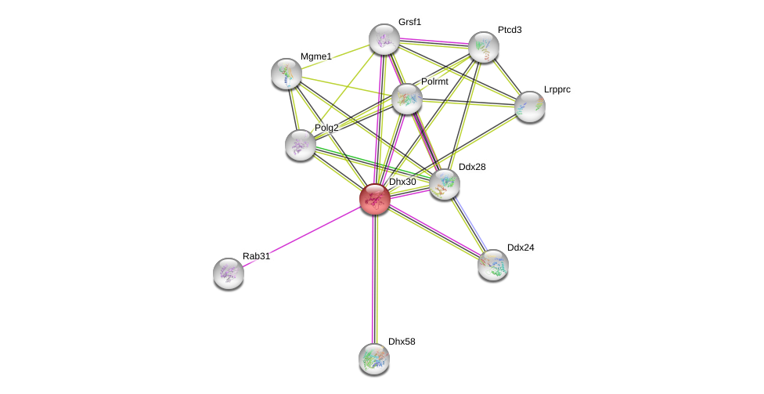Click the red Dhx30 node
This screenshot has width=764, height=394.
click(375, 198)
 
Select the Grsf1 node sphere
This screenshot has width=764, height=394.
click(384, 39)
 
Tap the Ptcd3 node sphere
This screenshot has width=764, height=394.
click(484, 47)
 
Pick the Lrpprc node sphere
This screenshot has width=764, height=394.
click(530, 107)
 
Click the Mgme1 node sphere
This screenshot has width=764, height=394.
click(286, 73)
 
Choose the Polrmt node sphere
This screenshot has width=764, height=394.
click(407, 98)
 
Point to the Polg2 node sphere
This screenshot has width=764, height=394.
click(301, 144)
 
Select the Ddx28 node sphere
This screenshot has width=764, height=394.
click(445, 184)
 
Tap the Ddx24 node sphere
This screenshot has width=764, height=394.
click(493, 264)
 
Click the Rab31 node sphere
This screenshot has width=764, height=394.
click(229, 273)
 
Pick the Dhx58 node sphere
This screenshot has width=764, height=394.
click(374, 358)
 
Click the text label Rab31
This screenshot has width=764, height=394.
click(256, 256)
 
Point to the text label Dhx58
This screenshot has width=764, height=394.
click(402, 342)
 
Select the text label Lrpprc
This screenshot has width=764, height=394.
click(557, 90)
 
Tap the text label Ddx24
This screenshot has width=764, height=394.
click(521, 248)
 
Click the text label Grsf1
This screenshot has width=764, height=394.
click(409, 22)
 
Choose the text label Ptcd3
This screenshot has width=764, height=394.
click(510, 30)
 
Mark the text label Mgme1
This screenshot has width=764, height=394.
click(316, 56)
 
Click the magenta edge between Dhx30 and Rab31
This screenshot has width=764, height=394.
click(301, 236)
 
